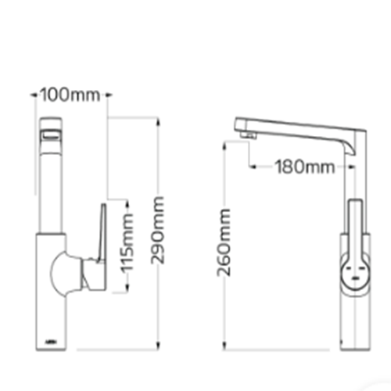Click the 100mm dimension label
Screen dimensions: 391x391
[70, 95]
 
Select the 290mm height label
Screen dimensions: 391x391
[157, 230]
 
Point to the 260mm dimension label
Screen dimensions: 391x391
[224, 242]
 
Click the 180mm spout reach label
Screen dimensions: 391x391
[305, 167]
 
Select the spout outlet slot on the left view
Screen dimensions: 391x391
[50, 136]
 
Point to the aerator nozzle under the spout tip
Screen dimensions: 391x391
[248, 135]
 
